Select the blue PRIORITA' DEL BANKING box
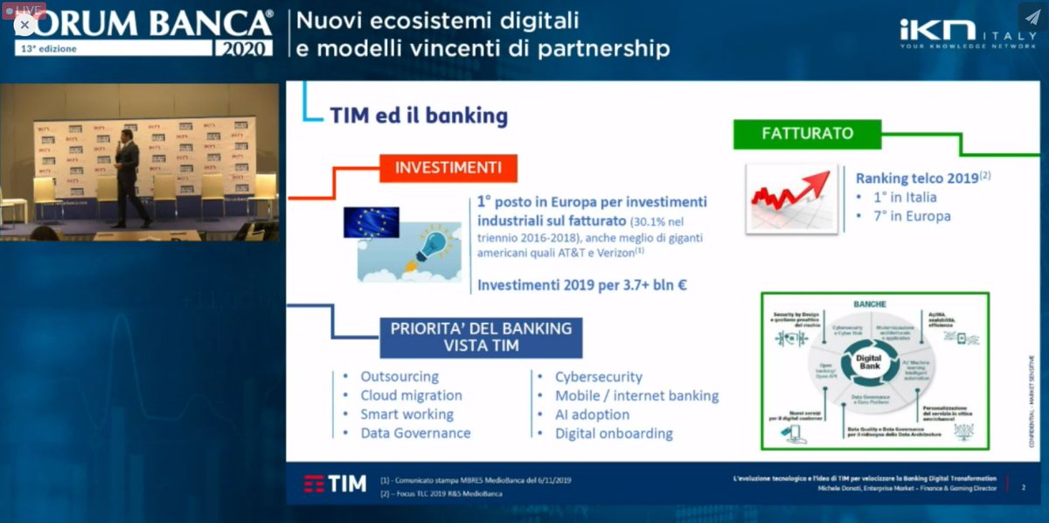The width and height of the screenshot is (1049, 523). [481, 337]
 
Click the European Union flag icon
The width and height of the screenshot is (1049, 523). [371, 222]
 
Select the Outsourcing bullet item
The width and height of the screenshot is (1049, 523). [399, 376]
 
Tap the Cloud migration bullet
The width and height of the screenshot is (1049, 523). [411, 395]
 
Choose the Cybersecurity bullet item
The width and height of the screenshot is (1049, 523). [598, 377]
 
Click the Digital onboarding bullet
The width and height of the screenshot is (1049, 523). [614, 434]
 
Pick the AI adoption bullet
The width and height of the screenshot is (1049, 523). [592, 415]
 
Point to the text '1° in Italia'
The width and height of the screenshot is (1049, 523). [906, 198]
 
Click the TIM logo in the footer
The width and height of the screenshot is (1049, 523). [335, 484]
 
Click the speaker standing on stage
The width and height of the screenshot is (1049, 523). [128, 179]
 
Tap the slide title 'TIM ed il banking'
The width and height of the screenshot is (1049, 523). [419, 115]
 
